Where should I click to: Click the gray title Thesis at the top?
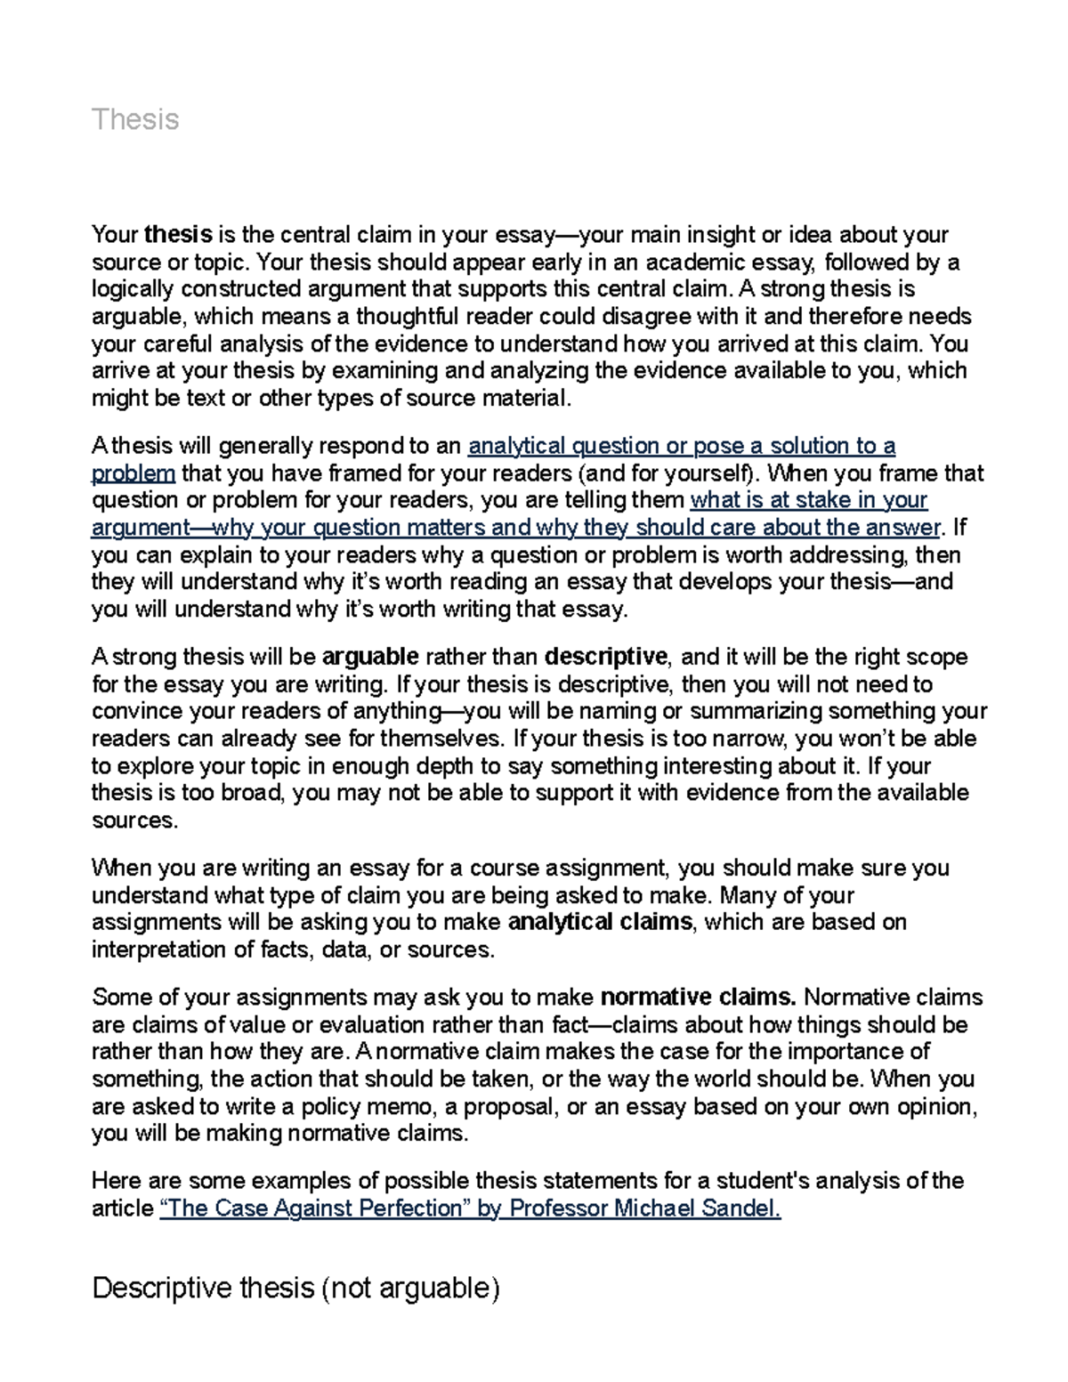pyautogui.click(x=135, y=119)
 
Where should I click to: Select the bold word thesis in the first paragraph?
pyautogui.click(x=178, y=235)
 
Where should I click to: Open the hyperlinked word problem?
pyautogui.click(x=133, y=473)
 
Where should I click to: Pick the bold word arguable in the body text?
pyautogui.click(x=369, y=658)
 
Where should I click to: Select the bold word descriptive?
pyautogui.click(x=605, y=658)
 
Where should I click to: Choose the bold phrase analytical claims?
pyautogui.click(x=599, y=922)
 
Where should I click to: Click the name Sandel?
pyautogui.click(x=747, y=1209)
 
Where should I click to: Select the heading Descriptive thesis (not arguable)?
pyautogui.click(x=295, y=1288)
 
